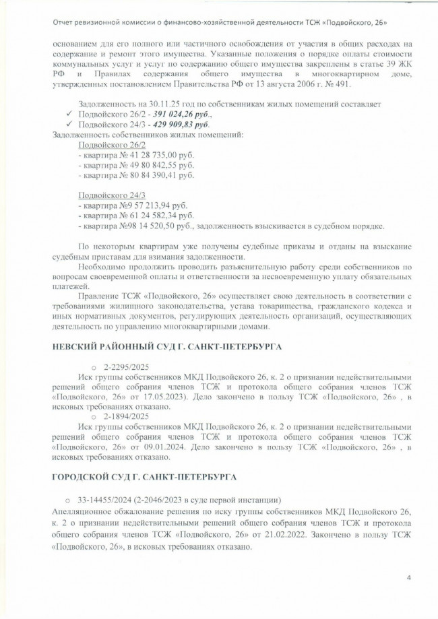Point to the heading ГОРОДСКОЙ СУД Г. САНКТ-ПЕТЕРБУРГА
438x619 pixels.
click(144, 477)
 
